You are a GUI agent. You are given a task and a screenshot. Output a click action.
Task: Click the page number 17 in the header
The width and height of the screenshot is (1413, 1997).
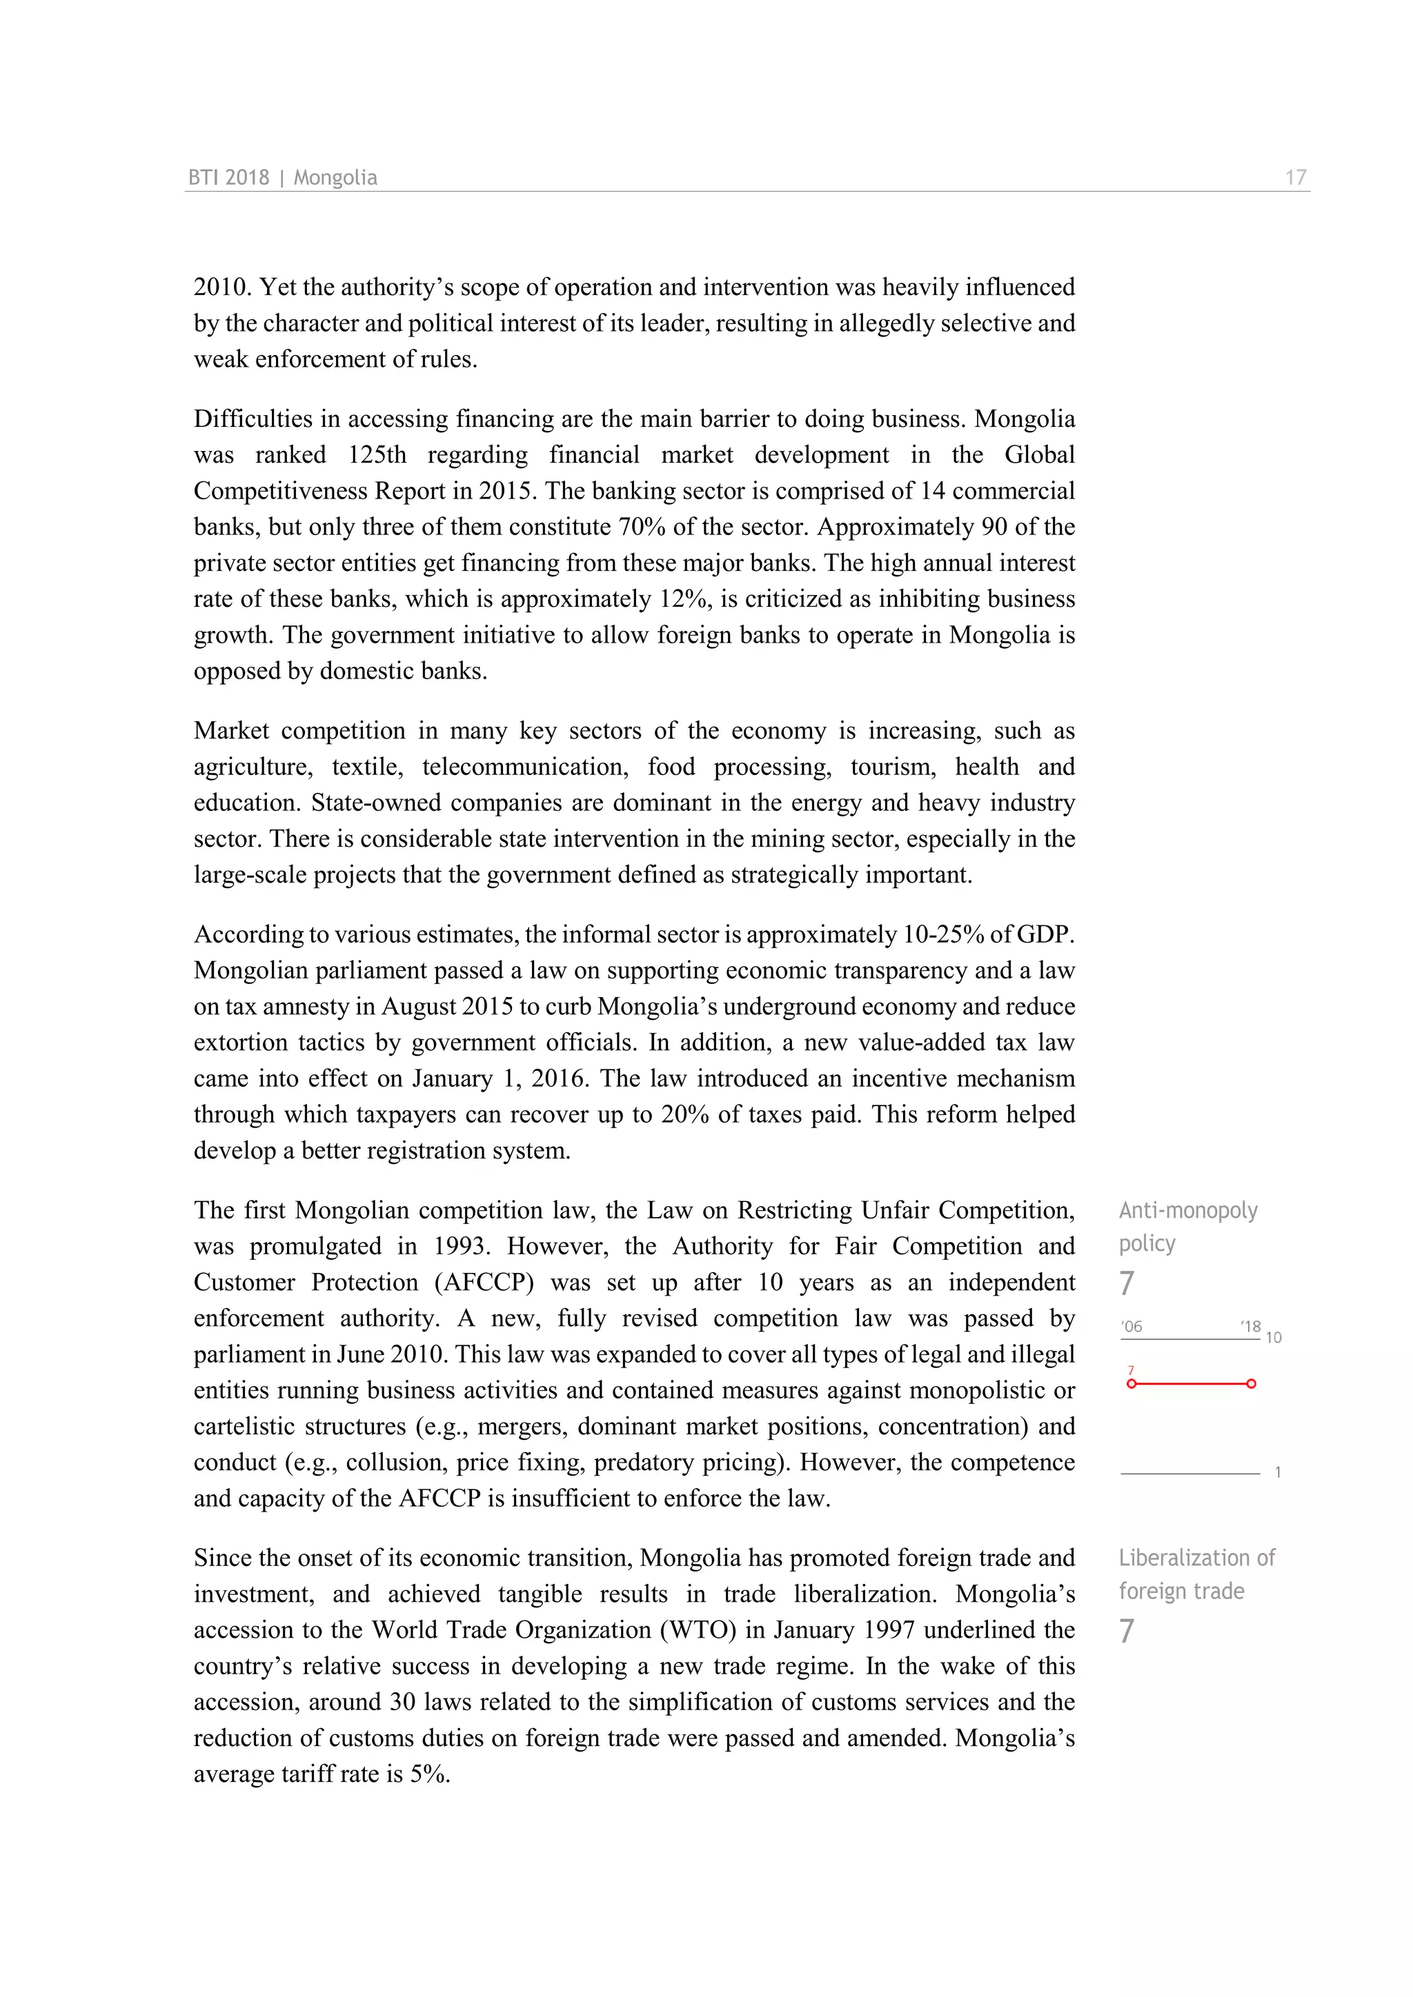click(x=1296, y=177)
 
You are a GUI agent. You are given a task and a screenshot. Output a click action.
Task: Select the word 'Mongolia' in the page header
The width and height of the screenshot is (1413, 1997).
click(x=335, y=177)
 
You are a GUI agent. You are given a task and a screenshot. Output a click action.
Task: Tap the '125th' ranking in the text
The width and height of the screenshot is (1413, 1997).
click(x=377, y=455)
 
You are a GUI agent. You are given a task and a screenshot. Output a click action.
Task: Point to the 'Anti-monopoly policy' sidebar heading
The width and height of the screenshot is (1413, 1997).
click(x=1187, y=1226)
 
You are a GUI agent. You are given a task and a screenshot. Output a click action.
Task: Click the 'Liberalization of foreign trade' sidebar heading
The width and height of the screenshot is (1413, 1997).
click(x=1196, y=1574)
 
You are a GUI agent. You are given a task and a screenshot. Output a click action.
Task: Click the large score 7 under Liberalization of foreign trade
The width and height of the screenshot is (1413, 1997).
click(x=1127, y=1631)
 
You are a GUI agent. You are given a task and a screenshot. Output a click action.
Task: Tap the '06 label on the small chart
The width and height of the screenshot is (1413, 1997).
click(x=1132, y=1327)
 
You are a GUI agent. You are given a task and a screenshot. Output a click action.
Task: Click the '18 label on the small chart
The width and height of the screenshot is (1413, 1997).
click(x=1250, y=1327)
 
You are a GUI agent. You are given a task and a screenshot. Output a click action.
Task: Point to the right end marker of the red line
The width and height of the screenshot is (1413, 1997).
click(x=1251, y=1383)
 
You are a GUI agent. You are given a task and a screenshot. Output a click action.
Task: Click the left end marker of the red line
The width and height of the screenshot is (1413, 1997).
click(x=1131, y=1383)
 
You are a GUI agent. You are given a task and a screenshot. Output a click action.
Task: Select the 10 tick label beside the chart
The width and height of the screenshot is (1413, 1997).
click(x=1273, y=1338)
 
